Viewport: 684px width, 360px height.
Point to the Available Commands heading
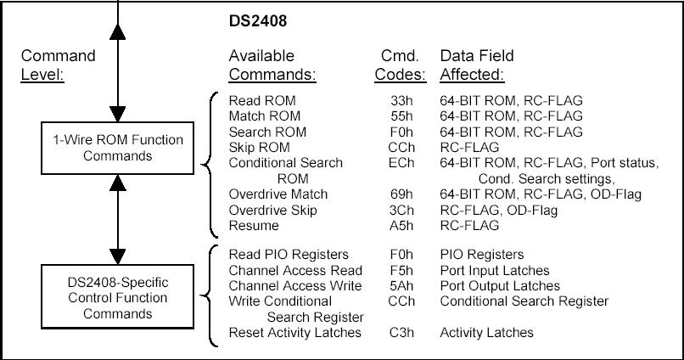272,65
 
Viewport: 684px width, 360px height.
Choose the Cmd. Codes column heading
400,65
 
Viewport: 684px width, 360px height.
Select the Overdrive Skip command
272,210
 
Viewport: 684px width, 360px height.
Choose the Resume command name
254,226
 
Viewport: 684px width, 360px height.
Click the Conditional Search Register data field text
524,301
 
